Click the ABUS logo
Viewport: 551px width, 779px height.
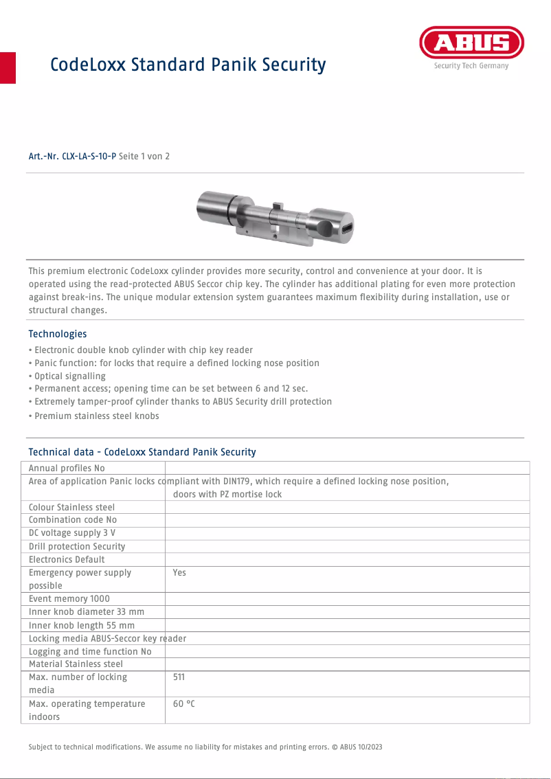(x=471, y=43)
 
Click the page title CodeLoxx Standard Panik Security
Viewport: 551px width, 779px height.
(x=188, y=65)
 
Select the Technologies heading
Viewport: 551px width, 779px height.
(x=58, y=334)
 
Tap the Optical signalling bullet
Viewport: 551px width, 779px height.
(x=69, y=376)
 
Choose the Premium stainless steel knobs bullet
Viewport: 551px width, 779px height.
(x=96, y=416)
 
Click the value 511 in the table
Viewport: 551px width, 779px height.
(x=179, y=677)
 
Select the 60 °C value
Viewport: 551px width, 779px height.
(x=183, y=704)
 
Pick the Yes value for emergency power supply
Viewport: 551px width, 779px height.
(x=179, y=573)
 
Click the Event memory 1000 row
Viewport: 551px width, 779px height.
(x=69, y=599)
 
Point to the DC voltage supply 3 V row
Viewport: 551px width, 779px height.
(x=71, y=534)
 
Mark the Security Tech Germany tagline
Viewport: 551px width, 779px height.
(x=471, y=66)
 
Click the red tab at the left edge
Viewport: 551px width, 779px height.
(x=8, y=67)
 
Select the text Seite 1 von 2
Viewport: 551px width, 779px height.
(x=144, y=157)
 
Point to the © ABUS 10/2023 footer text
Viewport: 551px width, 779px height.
(x=361, y=747)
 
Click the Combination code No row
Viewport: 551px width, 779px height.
(x=72, y=521)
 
